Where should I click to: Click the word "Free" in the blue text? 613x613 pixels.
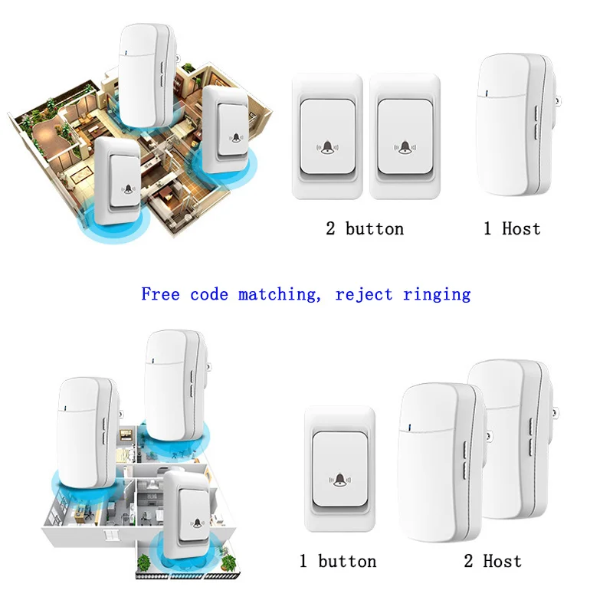point(161,294)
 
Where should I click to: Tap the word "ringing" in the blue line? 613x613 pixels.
point(437,294)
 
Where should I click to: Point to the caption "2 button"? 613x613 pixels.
point(365,228)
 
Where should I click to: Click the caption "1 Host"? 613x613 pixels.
point(512,228)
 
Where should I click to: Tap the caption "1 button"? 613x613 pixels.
point(338,562)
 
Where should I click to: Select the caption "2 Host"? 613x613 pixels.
point(492,562)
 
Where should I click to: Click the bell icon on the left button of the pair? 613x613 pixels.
point(329,146)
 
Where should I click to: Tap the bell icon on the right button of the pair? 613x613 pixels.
point(404,146)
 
